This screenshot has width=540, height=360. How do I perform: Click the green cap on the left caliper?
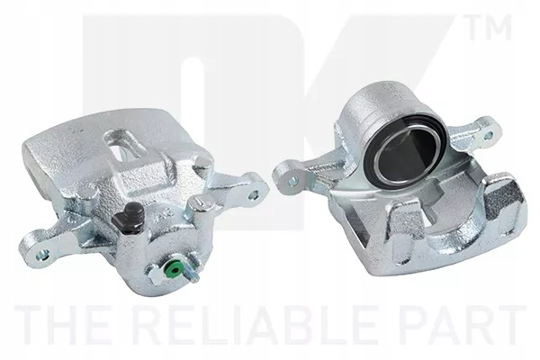[173, 267]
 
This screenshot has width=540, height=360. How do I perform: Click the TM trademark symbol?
[489, 26]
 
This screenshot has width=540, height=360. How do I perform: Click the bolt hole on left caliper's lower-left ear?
[42, 256]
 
